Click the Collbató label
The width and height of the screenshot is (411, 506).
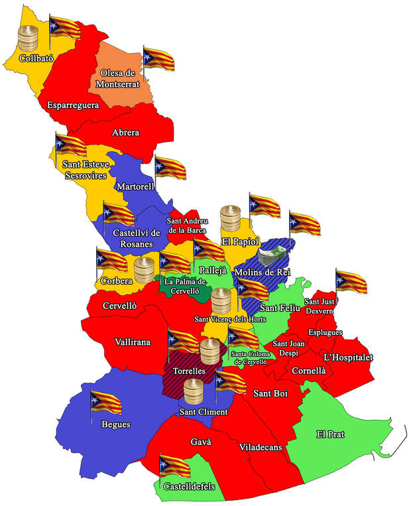[x=36, y=58]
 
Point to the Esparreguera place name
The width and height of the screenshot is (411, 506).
[x=73, y=105]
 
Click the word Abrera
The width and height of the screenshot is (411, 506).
[x=125, y=133]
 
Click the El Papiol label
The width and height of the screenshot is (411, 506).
[x=240, y=241]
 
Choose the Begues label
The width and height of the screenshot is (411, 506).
[x=115, y=424]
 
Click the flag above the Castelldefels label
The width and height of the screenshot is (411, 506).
[x=174, y=466]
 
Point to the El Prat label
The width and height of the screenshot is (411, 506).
[x=330, y=434]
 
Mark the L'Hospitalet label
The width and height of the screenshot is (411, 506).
[x=347, y=357]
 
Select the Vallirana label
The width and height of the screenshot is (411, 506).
[x=133, y=342]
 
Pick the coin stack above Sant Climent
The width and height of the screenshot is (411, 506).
[x=194, y=393]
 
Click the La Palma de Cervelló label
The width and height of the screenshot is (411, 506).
[x=186, y=286]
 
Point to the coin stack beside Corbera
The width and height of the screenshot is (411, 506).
[x=144, y=271]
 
